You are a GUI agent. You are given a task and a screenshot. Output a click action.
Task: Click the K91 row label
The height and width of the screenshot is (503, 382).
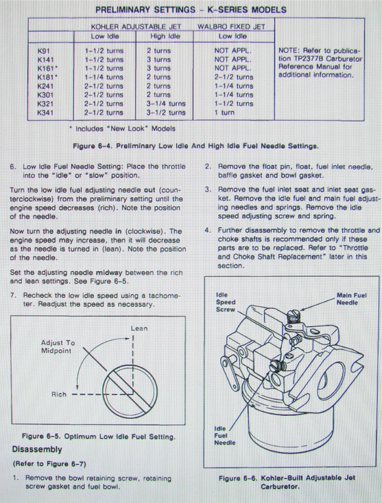(44, 50)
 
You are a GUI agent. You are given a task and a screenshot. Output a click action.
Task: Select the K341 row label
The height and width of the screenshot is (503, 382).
(45, 113)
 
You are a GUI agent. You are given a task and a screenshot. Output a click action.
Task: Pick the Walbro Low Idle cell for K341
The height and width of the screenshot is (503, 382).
(224, 113)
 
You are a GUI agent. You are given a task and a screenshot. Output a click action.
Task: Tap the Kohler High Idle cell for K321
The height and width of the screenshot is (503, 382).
(166, 103)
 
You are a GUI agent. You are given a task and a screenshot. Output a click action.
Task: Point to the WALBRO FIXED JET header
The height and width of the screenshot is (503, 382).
(231, 27)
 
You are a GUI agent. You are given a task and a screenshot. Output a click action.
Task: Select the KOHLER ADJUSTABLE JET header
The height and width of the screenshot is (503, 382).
(136, 27)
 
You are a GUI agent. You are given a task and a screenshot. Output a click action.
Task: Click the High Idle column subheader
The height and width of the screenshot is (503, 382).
(165, 36)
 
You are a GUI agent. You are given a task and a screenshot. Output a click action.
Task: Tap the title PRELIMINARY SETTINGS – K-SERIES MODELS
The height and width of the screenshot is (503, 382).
(191, 10)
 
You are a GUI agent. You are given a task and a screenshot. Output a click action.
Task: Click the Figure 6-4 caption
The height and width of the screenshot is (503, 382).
(196, 146)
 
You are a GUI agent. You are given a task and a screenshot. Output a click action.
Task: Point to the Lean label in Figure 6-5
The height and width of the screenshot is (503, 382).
(139, 329)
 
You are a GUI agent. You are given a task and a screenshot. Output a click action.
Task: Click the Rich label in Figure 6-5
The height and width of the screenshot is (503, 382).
(59, 394)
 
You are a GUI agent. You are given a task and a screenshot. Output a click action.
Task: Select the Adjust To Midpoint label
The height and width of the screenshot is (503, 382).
(58, 346)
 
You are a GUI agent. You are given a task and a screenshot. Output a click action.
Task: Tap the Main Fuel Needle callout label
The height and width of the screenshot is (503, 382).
(351, 299)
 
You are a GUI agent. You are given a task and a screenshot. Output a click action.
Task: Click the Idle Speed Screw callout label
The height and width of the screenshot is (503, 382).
(225, 302)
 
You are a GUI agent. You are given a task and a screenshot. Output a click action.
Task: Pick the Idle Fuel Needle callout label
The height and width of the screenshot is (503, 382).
(225, 436)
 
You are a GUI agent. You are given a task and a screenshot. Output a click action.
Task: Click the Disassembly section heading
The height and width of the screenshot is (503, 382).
(37, 449)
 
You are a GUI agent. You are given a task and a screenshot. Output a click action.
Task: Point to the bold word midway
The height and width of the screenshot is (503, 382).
(109, 272)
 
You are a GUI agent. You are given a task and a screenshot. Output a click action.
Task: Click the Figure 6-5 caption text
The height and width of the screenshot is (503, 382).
(98, 437)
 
